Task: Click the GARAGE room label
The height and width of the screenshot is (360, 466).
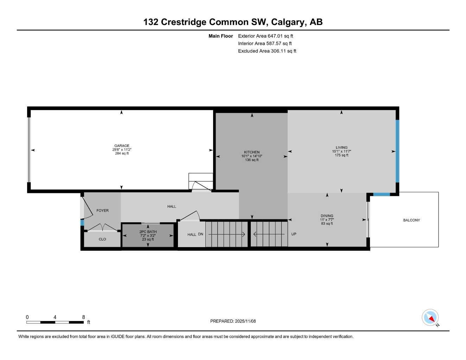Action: [x=122, y=146]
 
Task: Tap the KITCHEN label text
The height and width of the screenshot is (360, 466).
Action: [x=252, y=152]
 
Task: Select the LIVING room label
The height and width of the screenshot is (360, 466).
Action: [x=341, y=148]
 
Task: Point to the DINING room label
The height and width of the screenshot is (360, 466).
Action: [x=327, y=216]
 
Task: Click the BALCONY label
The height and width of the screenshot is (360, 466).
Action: [x=411, y=220]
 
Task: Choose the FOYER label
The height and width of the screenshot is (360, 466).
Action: [x=103, y=211]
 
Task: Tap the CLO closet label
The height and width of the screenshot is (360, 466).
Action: [x=102, y=239]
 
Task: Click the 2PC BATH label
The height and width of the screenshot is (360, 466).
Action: [x=148, y=232]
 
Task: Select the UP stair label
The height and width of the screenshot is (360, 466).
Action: [x=294, y=234]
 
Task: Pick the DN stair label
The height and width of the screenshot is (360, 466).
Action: [x=200, y=234]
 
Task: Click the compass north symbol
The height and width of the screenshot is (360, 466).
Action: [x=430, y=317]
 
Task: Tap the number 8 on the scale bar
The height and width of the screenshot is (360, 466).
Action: [x=84, y=317]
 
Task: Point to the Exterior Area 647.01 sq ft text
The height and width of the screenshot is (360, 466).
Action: [x=266, y=36]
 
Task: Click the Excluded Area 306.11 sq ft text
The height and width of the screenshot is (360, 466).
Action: [x=267, y=51]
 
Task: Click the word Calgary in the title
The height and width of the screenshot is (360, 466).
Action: [x=288, y=22]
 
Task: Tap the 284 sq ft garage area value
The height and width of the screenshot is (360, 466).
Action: [x=122, y=153]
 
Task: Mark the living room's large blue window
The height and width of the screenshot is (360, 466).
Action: [x=397, y=151]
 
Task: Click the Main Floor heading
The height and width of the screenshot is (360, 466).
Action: [x=221, y=36]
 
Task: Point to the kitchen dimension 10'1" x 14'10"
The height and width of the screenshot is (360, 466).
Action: [x=252, y=156]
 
